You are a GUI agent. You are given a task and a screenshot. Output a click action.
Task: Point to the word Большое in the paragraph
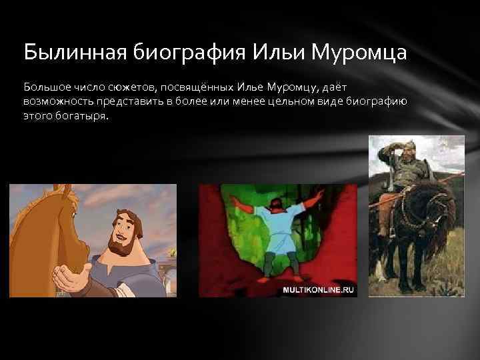click(x=44, y=87)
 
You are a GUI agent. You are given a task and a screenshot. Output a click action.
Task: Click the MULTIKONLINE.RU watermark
click(x=319, y=290)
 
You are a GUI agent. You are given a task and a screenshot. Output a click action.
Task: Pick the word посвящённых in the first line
click(x=188, y=87)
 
